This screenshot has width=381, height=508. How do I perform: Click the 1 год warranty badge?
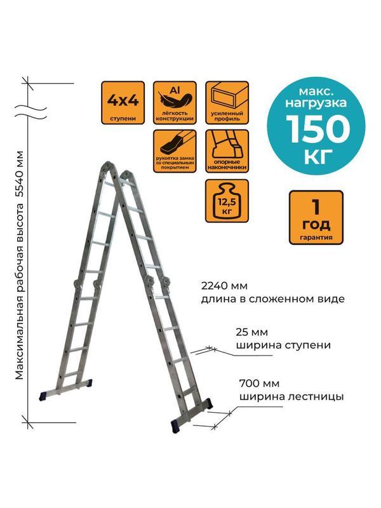(309, 217)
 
